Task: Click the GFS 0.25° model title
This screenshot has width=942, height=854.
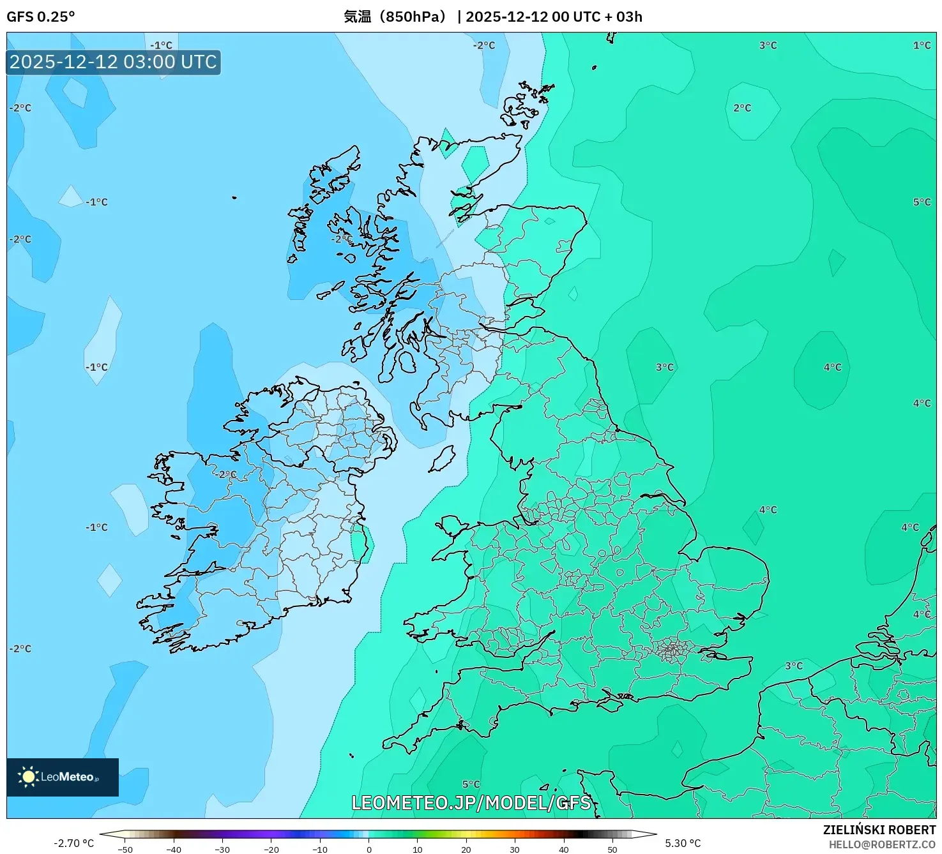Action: click(x=40, y=17)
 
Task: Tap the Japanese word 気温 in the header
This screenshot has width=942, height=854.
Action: click(x=357, y=17)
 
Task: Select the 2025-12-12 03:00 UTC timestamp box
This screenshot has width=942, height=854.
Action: click(x=114, y=63)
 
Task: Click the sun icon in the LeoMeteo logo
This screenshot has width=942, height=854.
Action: click(x=28, y=776)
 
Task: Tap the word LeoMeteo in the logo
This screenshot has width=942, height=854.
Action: click(x=67, y=777)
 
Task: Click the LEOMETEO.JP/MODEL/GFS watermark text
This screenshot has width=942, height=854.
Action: click(x=471, y=802)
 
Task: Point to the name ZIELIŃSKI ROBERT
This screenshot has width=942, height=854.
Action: click(x=879, y=830)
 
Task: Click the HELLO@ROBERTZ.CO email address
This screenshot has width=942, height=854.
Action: click(x=882, y=844)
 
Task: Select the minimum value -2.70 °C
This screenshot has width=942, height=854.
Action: click(x=73, y=843)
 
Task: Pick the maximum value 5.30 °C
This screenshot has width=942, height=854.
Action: click(x=683, y=843)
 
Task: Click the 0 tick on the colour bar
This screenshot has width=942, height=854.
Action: click(x=369, y=849)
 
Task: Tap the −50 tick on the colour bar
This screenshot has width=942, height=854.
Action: click(x=126, y=849)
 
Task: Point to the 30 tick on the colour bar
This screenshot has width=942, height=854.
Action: click(x=515, y=849)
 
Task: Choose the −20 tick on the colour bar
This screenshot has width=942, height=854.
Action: click(x=271, y=849)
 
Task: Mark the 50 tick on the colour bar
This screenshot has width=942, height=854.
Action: click(x=612, y=849)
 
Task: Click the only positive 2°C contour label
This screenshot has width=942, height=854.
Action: click(x=742, y=108)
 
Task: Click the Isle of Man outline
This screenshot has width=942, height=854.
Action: click(x=442, y=459)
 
